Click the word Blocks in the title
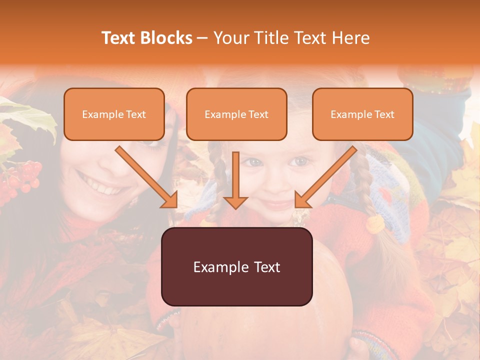166,38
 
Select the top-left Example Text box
114,114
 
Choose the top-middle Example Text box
236,114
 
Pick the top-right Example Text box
362,114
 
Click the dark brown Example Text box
236,267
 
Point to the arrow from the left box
147,177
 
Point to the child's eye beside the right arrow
300,161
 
